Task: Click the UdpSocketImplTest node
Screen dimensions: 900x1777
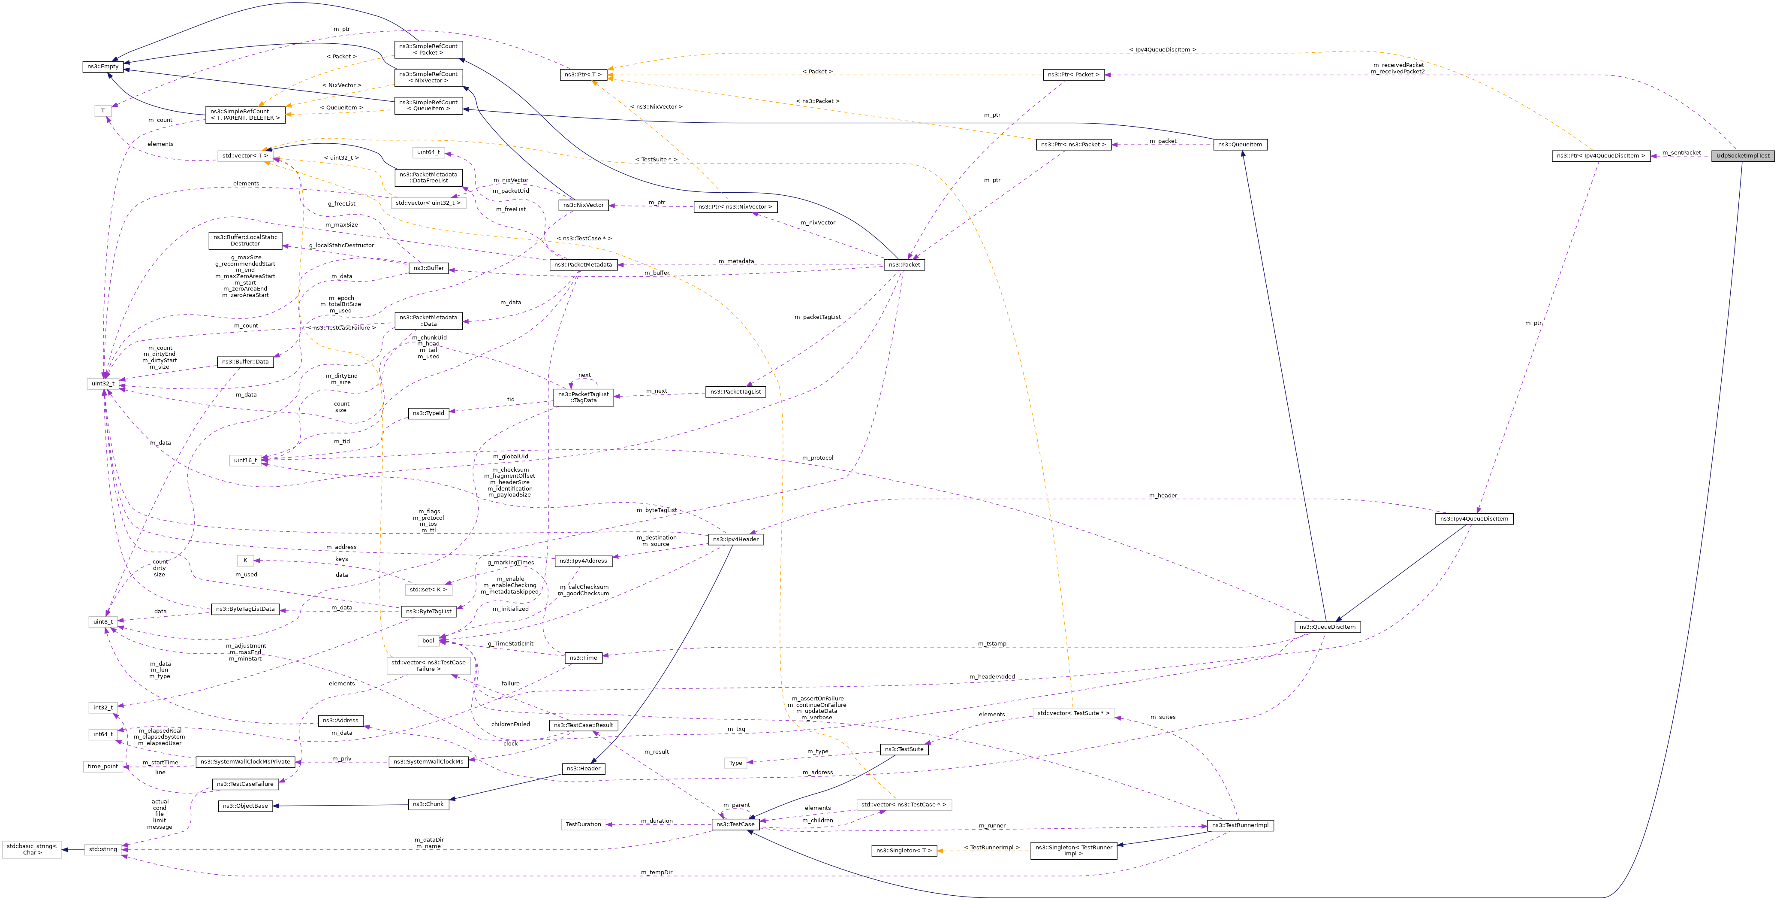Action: (x=1743, y=156)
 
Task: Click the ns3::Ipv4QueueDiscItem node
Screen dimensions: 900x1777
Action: (x=1474, y=519)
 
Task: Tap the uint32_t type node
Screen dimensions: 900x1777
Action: (x=103, y=384)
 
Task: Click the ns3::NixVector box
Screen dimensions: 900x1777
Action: (x=583, y=206)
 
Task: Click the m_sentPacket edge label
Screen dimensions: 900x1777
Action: (x=1681, y=152)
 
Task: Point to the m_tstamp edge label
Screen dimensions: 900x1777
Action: (x=992, y=644)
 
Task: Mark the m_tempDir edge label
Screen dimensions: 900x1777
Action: (x=656, y=873)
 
